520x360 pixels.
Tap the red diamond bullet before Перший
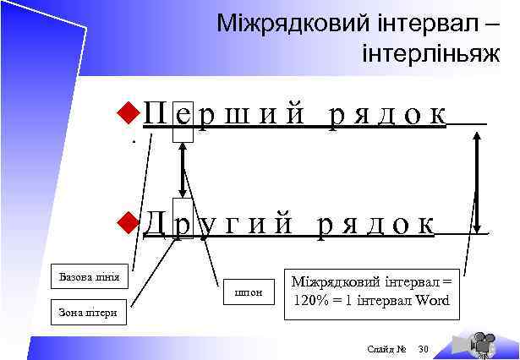(128, 111)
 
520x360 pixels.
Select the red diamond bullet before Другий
(128, 221)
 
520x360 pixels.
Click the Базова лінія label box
(89, 276)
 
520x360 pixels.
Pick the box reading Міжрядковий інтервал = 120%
(371, 291)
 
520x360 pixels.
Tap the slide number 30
(424, 348)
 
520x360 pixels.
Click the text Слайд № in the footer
(388, 348)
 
